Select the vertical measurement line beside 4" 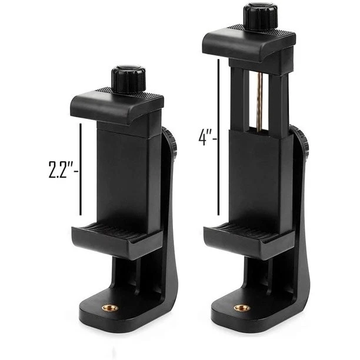[x=219, y=138]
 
